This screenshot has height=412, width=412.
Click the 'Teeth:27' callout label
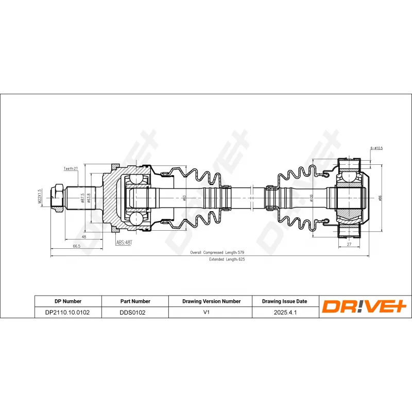pos(71,168)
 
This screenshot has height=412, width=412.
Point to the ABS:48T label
pos(124,242)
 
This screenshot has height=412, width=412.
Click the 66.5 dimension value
pos(76,247)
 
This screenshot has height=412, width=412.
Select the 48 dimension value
pos(83,236)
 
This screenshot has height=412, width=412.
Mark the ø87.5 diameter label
pos(82,198)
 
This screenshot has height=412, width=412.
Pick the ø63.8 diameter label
pos(89,198)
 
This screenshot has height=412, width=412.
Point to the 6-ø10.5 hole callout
pos(376,148)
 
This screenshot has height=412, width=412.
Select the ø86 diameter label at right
pos(380,198)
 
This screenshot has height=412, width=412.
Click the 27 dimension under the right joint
pos(349,245)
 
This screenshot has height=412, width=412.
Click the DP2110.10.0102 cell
pos(67,312)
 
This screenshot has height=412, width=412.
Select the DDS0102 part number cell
pos(133,312)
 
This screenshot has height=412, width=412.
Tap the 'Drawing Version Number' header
pos(211,301)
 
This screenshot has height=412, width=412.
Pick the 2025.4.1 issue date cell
pos(284,312)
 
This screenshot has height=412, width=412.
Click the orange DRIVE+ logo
pos(365,307)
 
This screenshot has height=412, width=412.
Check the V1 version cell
pos(211,312)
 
